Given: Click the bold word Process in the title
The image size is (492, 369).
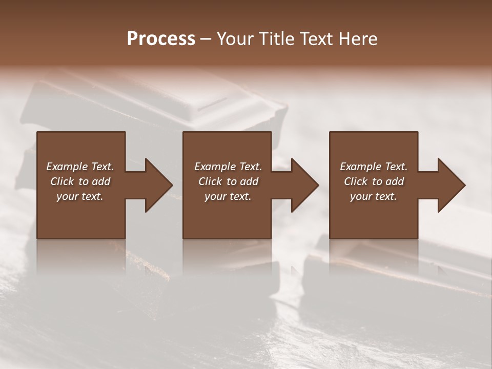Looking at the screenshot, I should pos(161,39).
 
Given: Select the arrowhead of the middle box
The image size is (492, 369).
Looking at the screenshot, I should pos(304,185).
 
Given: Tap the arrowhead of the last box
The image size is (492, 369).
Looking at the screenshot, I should pos(451,185).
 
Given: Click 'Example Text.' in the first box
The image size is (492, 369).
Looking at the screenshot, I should pos(80,167).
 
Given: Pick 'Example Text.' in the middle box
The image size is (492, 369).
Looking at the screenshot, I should pos(228,167).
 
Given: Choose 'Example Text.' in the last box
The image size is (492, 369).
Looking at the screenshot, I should pos(374,167).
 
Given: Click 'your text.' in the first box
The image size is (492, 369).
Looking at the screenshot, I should pos(80,196).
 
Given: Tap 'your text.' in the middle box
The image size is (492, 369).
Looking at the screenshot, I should pos(228,196).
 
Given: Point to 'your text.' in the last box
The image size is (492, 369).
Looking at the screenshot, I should pos(374,196).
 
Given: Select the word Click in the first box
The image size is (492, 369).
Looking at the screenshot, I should pos(62,181).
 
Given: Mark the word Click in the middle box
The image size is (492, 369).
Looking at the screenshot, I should pos(210,181).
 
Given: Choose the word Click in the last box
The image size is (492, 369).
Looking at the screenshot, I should pos(356,181).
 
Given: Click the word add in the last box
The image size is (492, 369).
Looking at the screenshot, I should pos(394,181).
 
